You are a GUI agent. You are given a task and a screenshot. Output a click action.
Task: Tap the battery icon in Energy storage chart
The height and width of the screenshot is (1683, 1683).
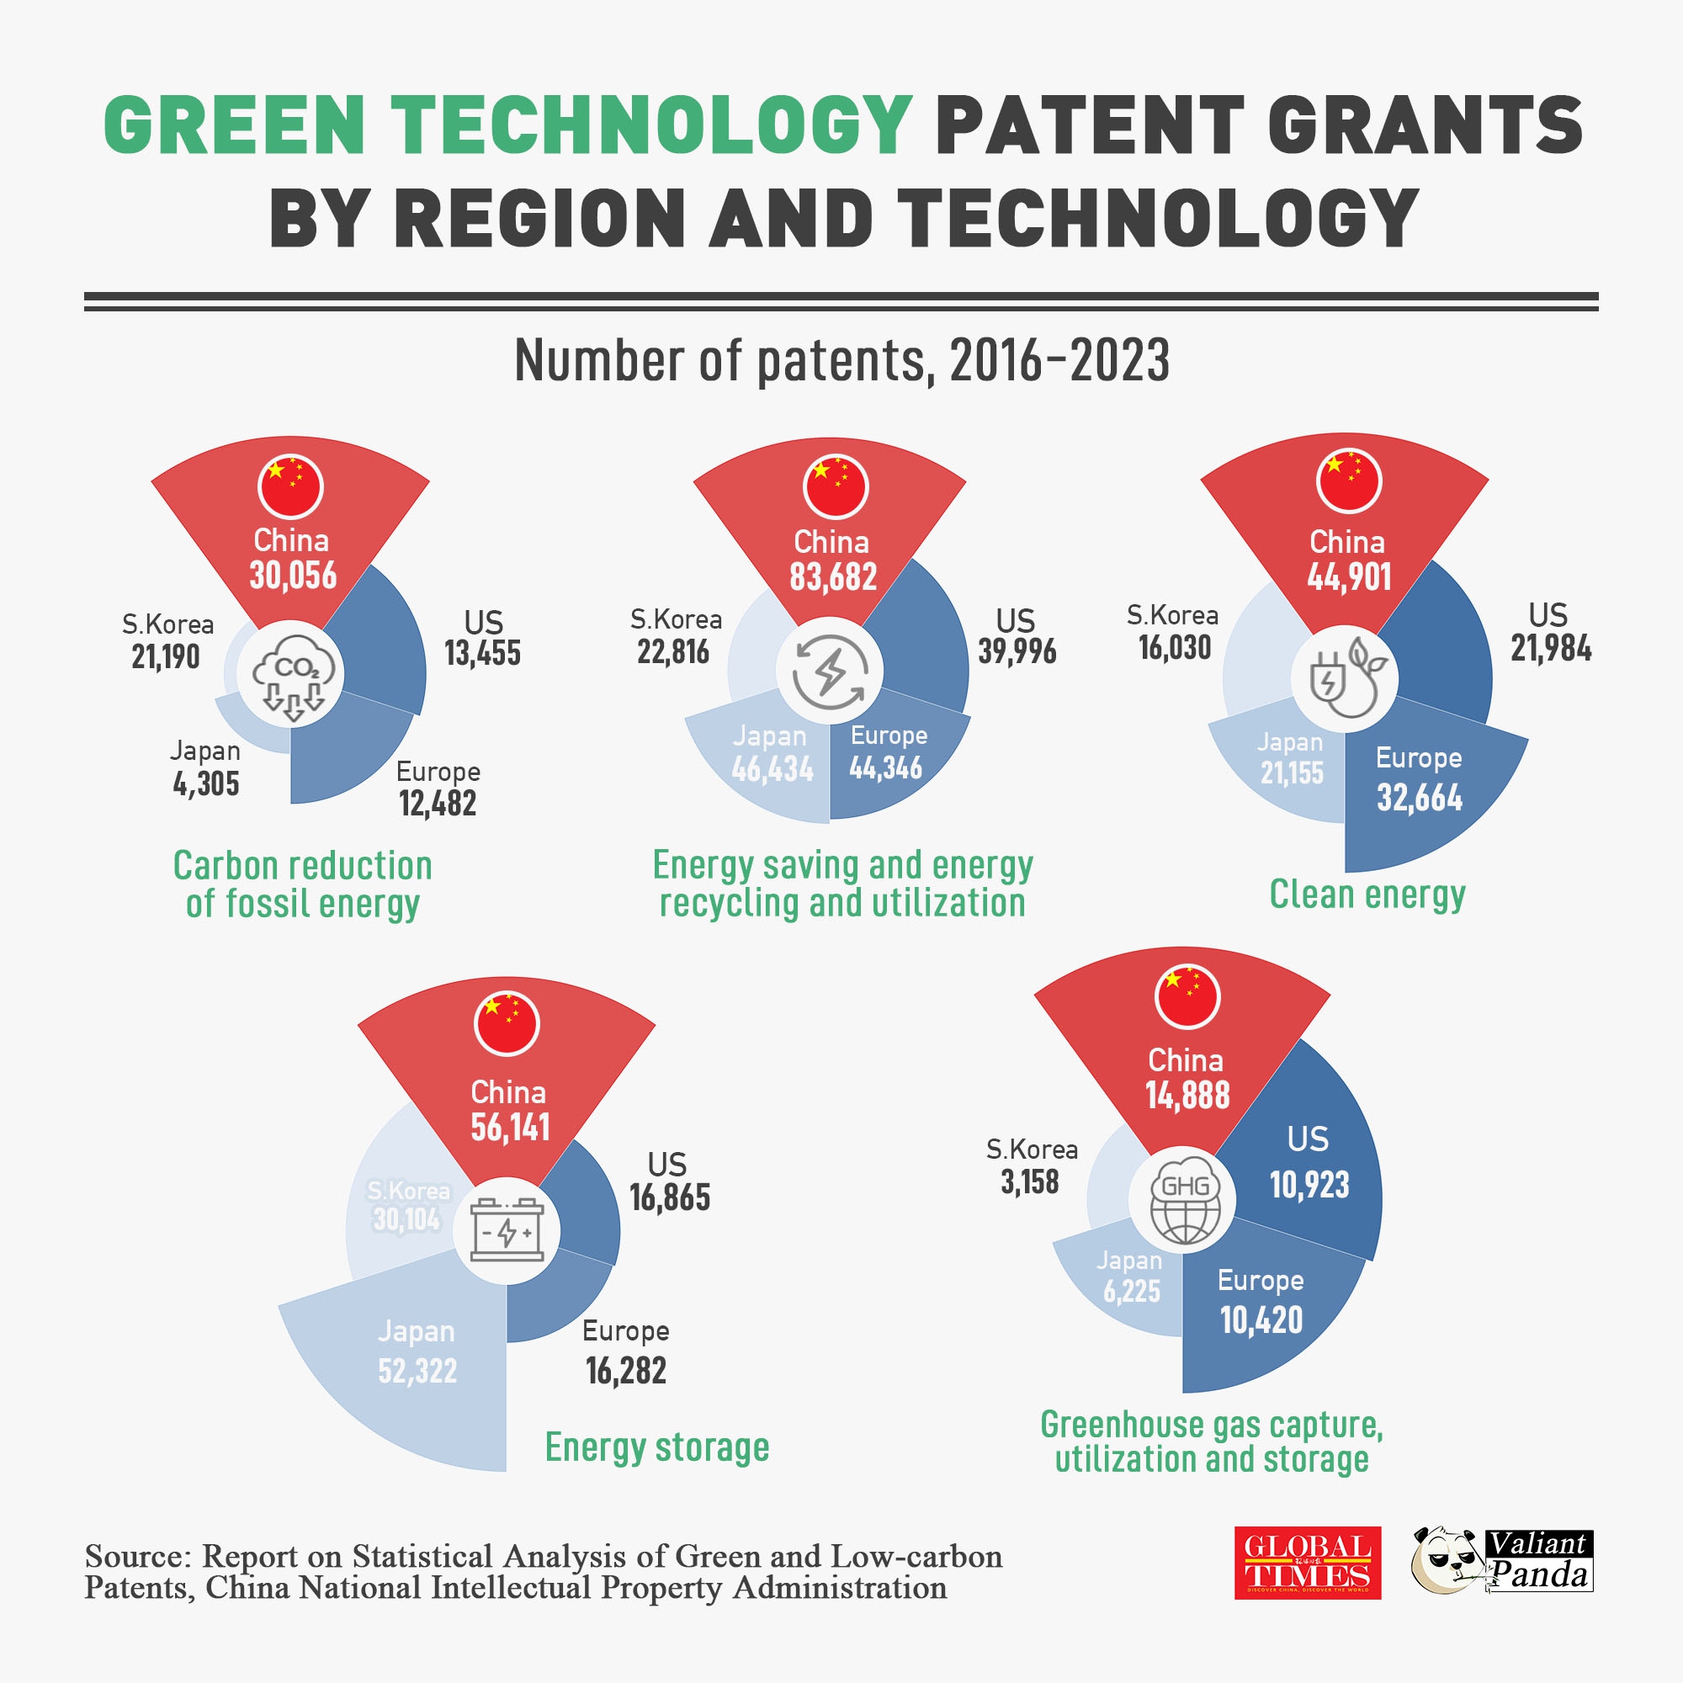point(507,1230)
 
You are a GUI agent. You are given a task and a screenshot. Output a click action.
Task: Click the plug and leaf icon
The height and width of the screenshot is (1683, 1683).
point(1346,677)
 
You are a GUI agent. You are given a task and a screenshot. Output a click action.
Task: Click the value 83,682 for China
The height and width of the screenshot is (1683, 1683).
point(833,577)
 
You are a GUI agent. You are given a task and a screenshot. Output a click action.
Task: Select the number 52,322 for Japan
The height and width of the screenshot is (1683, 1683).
point(417,1371)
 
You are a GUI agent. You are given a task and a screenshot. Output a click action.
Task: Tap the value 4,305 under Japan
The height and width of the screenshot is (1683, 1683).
point(205,784)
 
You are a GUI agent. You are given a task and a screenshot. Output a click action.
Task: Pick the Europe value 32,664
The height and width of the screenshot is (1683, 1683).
point(1419,798)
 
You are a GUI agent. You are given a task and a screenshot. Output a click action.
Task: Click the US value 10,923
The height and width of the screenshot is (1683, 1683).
point(1309,1185)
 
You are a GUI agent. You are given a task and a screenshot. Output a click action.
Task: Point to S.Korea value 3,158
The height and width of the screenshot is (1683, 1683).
point(1030,1182)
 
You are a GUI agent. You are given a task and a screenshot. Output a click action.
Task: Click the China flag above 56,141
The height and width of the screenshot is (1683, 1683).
point(507,1022)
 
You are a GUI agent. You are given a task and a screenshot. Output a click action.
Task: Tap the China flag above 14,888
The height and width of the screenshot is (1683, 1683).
point(1187,995)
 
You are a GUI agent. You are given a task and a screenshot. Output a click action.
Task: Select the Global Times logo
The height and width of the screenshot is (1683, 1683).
point(1307,1563)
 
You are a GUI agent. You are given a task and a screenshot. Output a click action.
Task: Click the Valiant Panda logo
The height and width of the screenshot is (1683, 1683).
point(1502,1561)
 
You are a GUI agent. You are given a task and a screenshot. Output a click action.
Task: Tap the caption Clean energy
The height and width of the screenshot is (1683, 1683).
point(1367,895)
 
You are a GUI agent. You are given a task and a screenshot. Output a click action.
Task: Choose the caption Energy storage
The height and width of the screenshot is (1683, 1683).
point(657,1447)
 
